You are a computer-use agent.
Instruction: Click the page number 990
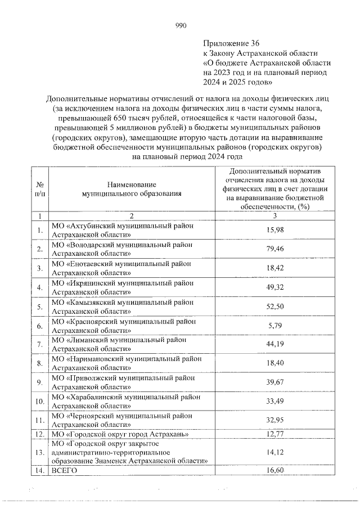(180, 25)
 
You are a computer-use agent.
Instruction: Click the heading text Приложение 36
(231, 43)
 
